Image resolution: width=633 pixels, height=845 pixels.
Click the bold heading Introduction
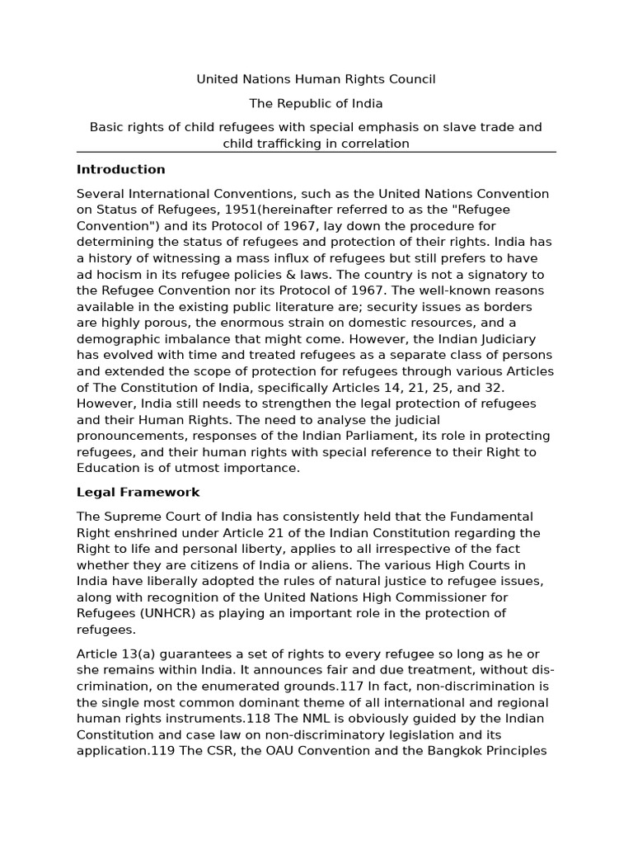point(120,169)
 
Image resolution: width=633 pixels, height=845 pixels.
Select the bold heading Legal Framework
point(138,492)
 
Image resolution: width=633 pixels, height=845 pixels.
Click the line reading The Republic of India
point(316,104)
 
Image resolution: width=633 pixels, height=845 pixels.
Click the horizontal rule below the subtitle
point(316,153)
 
